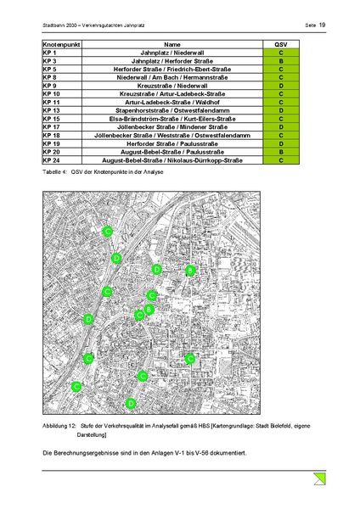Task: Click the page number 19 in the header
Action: coord(323,25)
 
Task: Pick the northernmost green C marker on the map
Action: coord(107,231)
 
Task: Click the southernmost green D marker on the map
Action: coord(131,403)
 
